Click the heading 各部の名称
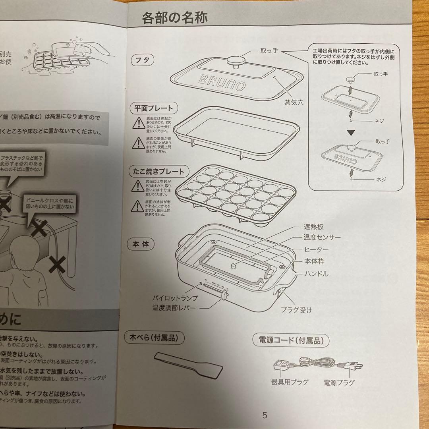point(175,18)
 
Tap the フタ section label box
point(143,61)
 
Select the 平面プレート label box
point(154,108)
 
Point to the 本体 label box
point(140,244)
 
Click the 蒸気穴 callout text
point(294,102)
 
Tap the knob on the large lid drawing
point(234,62)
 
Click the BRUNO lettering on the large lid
point(222,83)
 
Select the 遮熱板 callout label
point(314,227)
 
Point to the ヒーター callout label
point(316,249)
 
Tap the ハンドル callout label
point(316,274)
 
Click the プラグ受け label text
point(296,310)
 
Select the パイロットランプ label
point(175,298)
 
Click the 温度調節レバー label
point(174,308)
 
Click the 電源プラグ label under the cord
point(339,383)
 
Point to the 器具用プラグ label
point(290,383)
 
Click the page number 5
point(265,416)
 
